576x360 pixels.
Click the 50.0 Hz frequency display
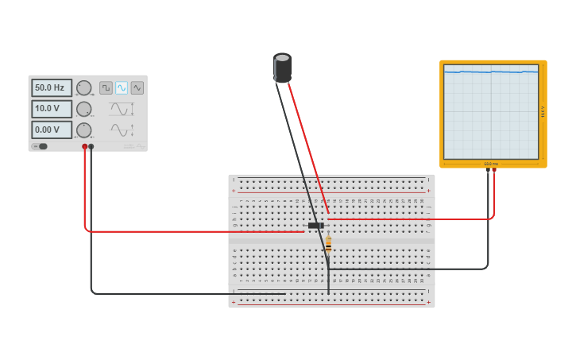point(52,88)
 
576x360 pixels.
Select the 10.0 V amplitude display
point(52,109)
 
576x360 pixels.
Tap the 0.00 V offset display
point(52,130)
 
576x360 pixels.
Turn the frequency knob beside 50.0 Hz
point(83,88)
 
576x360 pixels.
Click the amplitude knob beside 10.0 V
point(83,109)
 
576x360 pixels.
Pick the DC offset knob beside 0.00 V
point(83,130)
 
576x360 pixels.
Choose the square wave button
point(106,88)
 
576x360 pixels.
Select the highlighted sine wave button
point(122,88)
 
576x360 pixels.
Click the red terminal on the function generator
point(84,147)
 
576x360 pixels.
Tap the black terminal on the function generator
point(91,147)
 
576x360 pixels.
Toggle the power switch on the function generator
point(41,146)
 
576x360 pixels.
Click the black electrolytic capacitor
point(282,68)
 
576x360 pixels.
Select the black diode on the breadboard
point(316,226)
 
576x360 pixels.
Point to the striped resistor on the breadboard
point(328,245)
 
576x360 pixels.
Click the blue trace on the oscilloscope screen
point(490,72)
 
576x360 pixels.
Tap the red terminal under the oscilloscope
point(494,169)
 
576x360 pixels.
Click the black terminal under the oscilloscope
point(488,169)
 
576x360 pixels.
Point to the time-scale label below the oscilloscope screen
point(491,164)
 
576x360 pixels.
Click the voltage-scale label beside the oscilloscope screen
point(543,112)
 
